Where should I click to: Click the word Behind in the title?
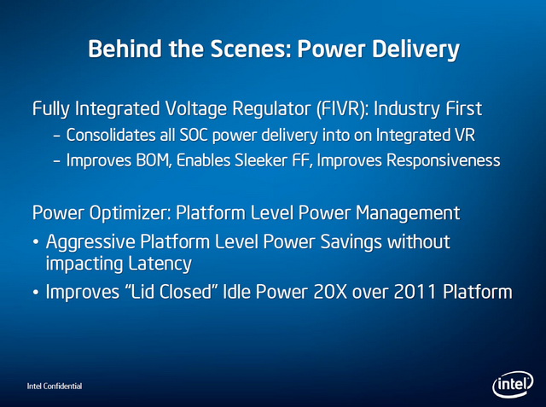click(x=125, y=49)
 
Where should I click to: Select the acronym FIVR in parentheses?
click(x=343, y=108)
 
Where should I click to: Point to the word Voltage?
click(x=195, y=109)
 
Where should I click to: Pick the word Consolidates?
click(x=111, y=135)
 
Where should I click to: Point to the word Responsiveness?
click(x=444, y=161)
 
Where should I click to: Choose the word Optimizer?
click(x=131, y=213)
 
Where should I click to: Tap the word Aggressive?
click(x=90, y=242)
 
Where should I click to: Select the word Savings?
click(x=351, y=242)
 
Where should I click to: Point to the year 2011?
click(x=415, y=292)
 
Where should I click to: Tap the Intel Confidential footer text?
click(x=55, y=387)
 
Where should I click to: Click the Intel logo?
click(x=513, y=384)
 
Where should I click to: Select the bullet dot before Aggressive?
click(x=36, y=241)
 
